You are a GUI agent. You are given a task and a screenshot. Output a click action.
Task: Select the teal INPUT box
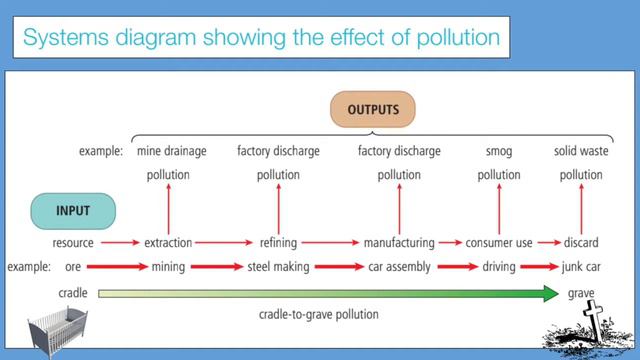(x=73, y=212)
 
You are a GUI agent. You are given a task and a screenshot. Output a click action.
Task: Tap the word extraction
(x=167, y=243)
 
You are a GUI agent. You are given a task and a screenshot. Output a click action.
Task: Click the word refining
(x=278, y=243)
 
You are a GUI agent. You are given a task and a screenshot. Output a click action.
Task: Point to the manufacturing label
(x=398, y=243)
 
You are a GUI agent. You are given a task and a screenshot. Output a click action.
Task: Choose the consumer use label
(x=498, y=243)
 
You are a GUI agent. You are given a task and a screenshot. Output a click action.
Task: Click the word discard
(x=581, y=243)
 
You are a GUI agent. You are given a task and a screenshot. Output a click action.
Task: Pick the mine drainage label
(x=171, y=152)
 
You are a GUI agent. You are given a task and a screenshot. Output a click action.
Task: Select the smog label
(x=498, y=152)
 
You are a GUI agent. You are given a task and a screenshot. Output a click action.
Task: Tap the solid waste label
(x=581, y=152)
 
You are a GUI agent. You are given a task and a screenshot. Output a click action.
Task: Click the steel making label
(x=278, y=267)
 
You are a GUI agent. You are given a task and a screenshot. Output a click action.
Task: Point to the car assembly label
(x=398, y=267)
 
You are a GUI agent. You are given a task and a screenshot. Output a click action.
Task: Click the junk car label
(x=581, y=267)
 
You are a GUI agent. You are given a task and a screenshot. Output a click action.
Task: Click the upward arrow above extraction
(x=168, y=207)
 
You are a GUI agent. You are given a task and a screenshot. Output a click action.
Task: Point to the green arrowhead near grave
(x=549, y=293)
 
